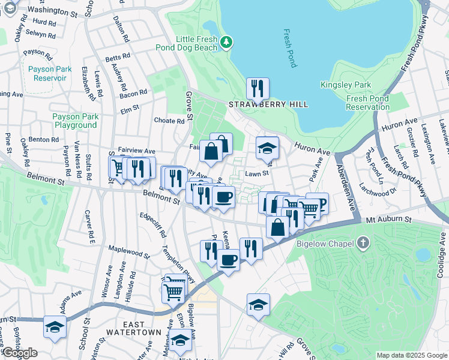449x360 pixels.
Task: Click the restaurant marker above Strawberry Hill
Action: tap(258, 89)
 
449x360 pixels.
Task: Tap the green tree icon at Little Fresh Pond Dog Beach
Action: tap(226, 41)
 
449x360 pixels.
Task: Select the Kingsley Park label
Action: tap(345, 85)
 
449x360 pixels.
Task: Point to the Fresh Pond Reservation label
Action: tap(367, 103)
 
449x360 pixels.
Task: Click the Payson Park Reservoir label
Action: tap(50, 73)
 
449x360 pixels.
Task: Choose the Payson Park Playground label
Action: tap(74, 121)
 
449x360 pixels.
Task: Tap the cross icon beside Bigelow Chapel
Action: tap(361, 243)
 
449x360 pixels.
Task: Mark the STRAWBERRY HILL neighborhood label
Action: tap(268, 104)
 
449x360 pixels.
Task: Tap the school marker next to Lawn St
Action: tap(267, 148)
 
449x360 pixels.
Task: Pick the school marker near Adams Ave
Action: tap(55, 328)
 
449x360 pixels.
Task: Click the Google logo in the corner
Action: tap(20, 352)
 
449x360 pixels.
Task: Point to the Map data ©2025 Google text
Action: tap(411, 355)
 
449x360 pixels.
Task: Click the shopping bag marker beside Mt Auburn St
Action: tap(277, 228)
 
